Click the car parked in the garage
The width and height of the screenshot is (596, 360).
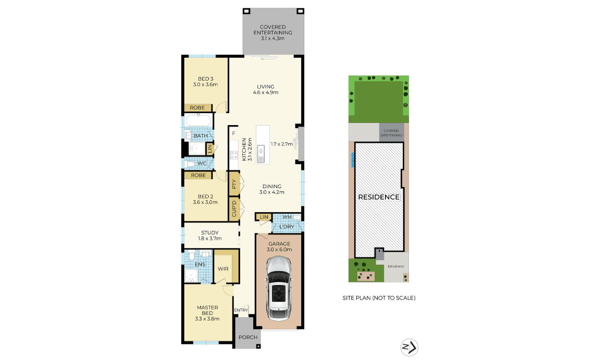tap(279, 288)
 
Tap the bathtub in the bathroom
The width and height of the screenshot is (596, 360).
tap(198, 120)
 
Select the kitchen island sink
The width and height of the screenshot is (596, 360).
tap(260, 154)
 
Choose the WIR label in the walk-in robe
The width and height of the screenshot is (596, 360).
tap(223, 269)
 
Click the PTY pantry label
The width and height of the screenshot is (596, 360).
tap(234, 184)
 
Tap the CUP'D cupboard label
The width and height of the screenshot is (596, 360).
tap(234, 209)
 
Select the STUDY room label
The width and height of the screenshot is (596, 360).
tap(210, 233)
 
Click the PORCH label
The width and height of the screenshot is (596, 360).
tap(248, 337)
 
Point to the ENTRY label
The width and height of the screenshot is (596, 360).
tap(241, 310)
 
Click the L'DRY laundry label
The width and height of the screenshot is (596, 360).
tap(287, 227)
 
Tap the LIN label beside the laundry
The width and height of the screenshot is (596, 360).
tap(264, 217)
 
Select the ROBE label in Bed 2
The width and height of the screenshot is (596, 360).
tap(198, 175)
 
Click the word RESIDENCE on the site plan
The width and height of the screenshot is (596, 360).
tap(379, 197)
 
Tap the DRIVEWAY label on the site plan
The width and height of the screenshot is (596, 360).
tap(396, 267)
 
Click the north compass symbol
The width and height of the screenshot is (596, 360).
tap(409, 347)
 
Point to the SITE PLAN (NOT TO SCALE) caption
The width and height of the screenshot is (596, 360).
tap(379, 298)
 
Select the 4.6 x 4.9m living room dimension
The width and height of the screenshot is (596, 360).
tap(266, 92)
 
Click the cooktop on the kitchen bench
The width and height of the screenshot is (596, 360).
tap(234, 155)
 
